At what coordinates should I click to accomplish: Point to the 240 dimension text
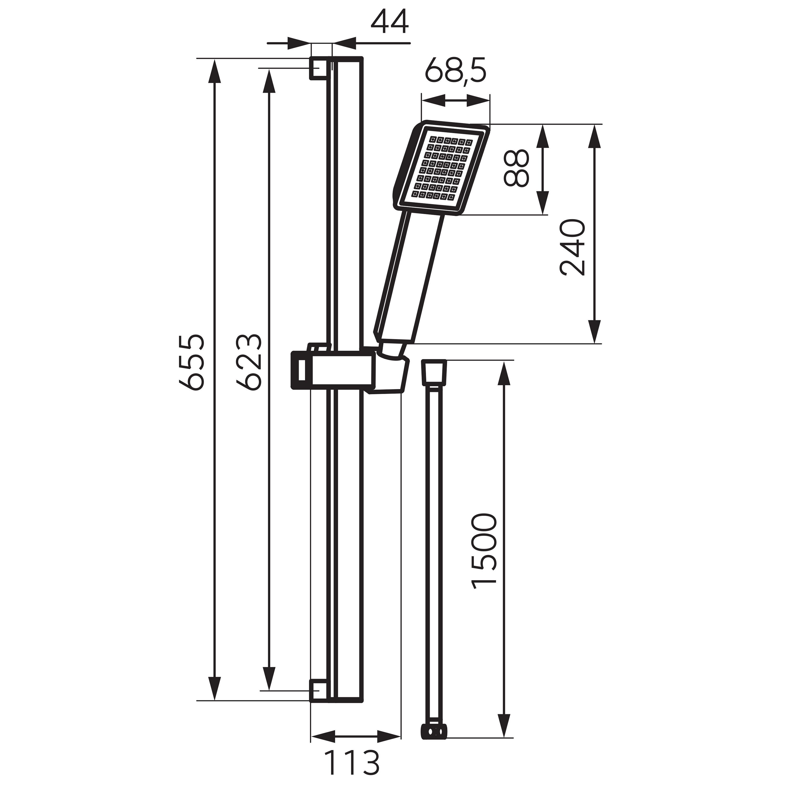[x=573, y=248]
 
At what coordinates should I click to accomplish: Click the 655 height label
[x=191, y=362]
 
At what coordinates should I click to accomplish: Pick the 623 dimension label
[x=249, y=362]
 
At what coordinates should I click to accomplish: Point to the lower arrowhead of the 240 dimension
[x=595, y=330]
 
